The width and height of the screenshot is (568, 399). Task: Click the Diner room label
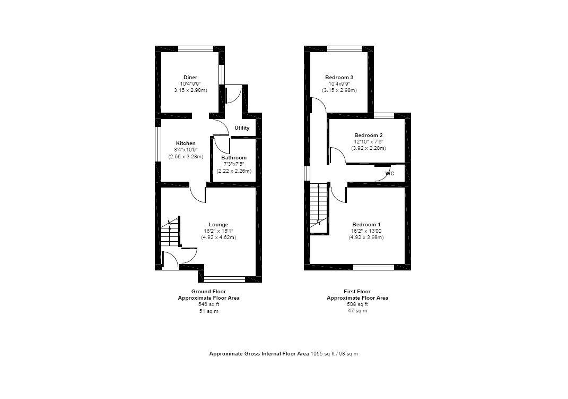[190, 78]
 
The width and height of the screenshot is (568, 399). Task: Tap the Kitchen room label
[186, 143]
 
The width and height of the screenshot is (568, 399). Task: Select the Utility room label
[242, 128]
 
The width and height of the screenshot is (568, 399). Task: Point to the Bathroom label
[234, 158]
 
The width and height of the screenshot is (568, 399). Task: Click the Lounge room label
[219, 224]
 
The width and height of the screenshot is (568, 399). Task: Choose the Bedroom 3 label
[339, 78]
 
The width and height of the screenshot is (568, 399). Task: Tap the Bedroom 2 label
[369, 135]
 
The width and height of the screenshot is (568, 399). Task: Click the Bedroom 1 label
[366, 224]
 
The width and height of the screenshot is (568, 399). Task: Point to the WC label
[389, 174]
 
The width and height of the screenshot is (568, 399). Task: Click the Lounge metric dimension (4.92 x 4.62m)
[219, 237]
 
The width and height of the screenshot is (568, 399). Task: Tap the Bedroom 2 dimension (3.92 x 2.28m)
[369, 148]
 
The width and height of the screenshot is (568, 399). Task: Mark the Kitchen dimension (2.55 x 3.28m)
[186, 157]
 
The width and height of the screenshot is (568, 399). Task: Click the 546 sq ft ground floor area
[208, 304]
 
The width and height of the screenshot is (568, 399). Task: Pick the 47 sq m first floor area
[357, 311]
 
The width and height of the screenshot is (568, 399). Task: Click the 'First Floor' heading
[357, 292]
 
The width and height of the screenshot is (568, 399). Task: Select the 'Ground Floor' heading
[208, 292]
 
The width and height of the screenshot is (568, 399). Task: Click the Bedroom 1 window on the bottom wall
[373, 267]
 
